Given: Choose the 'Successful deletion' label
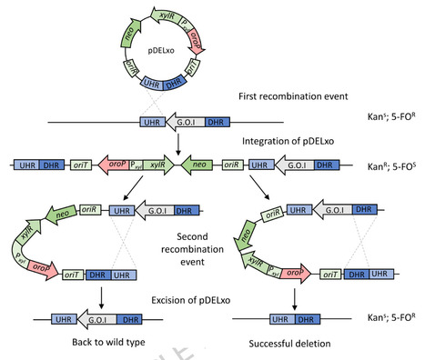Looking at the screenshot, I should point(291,346).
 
